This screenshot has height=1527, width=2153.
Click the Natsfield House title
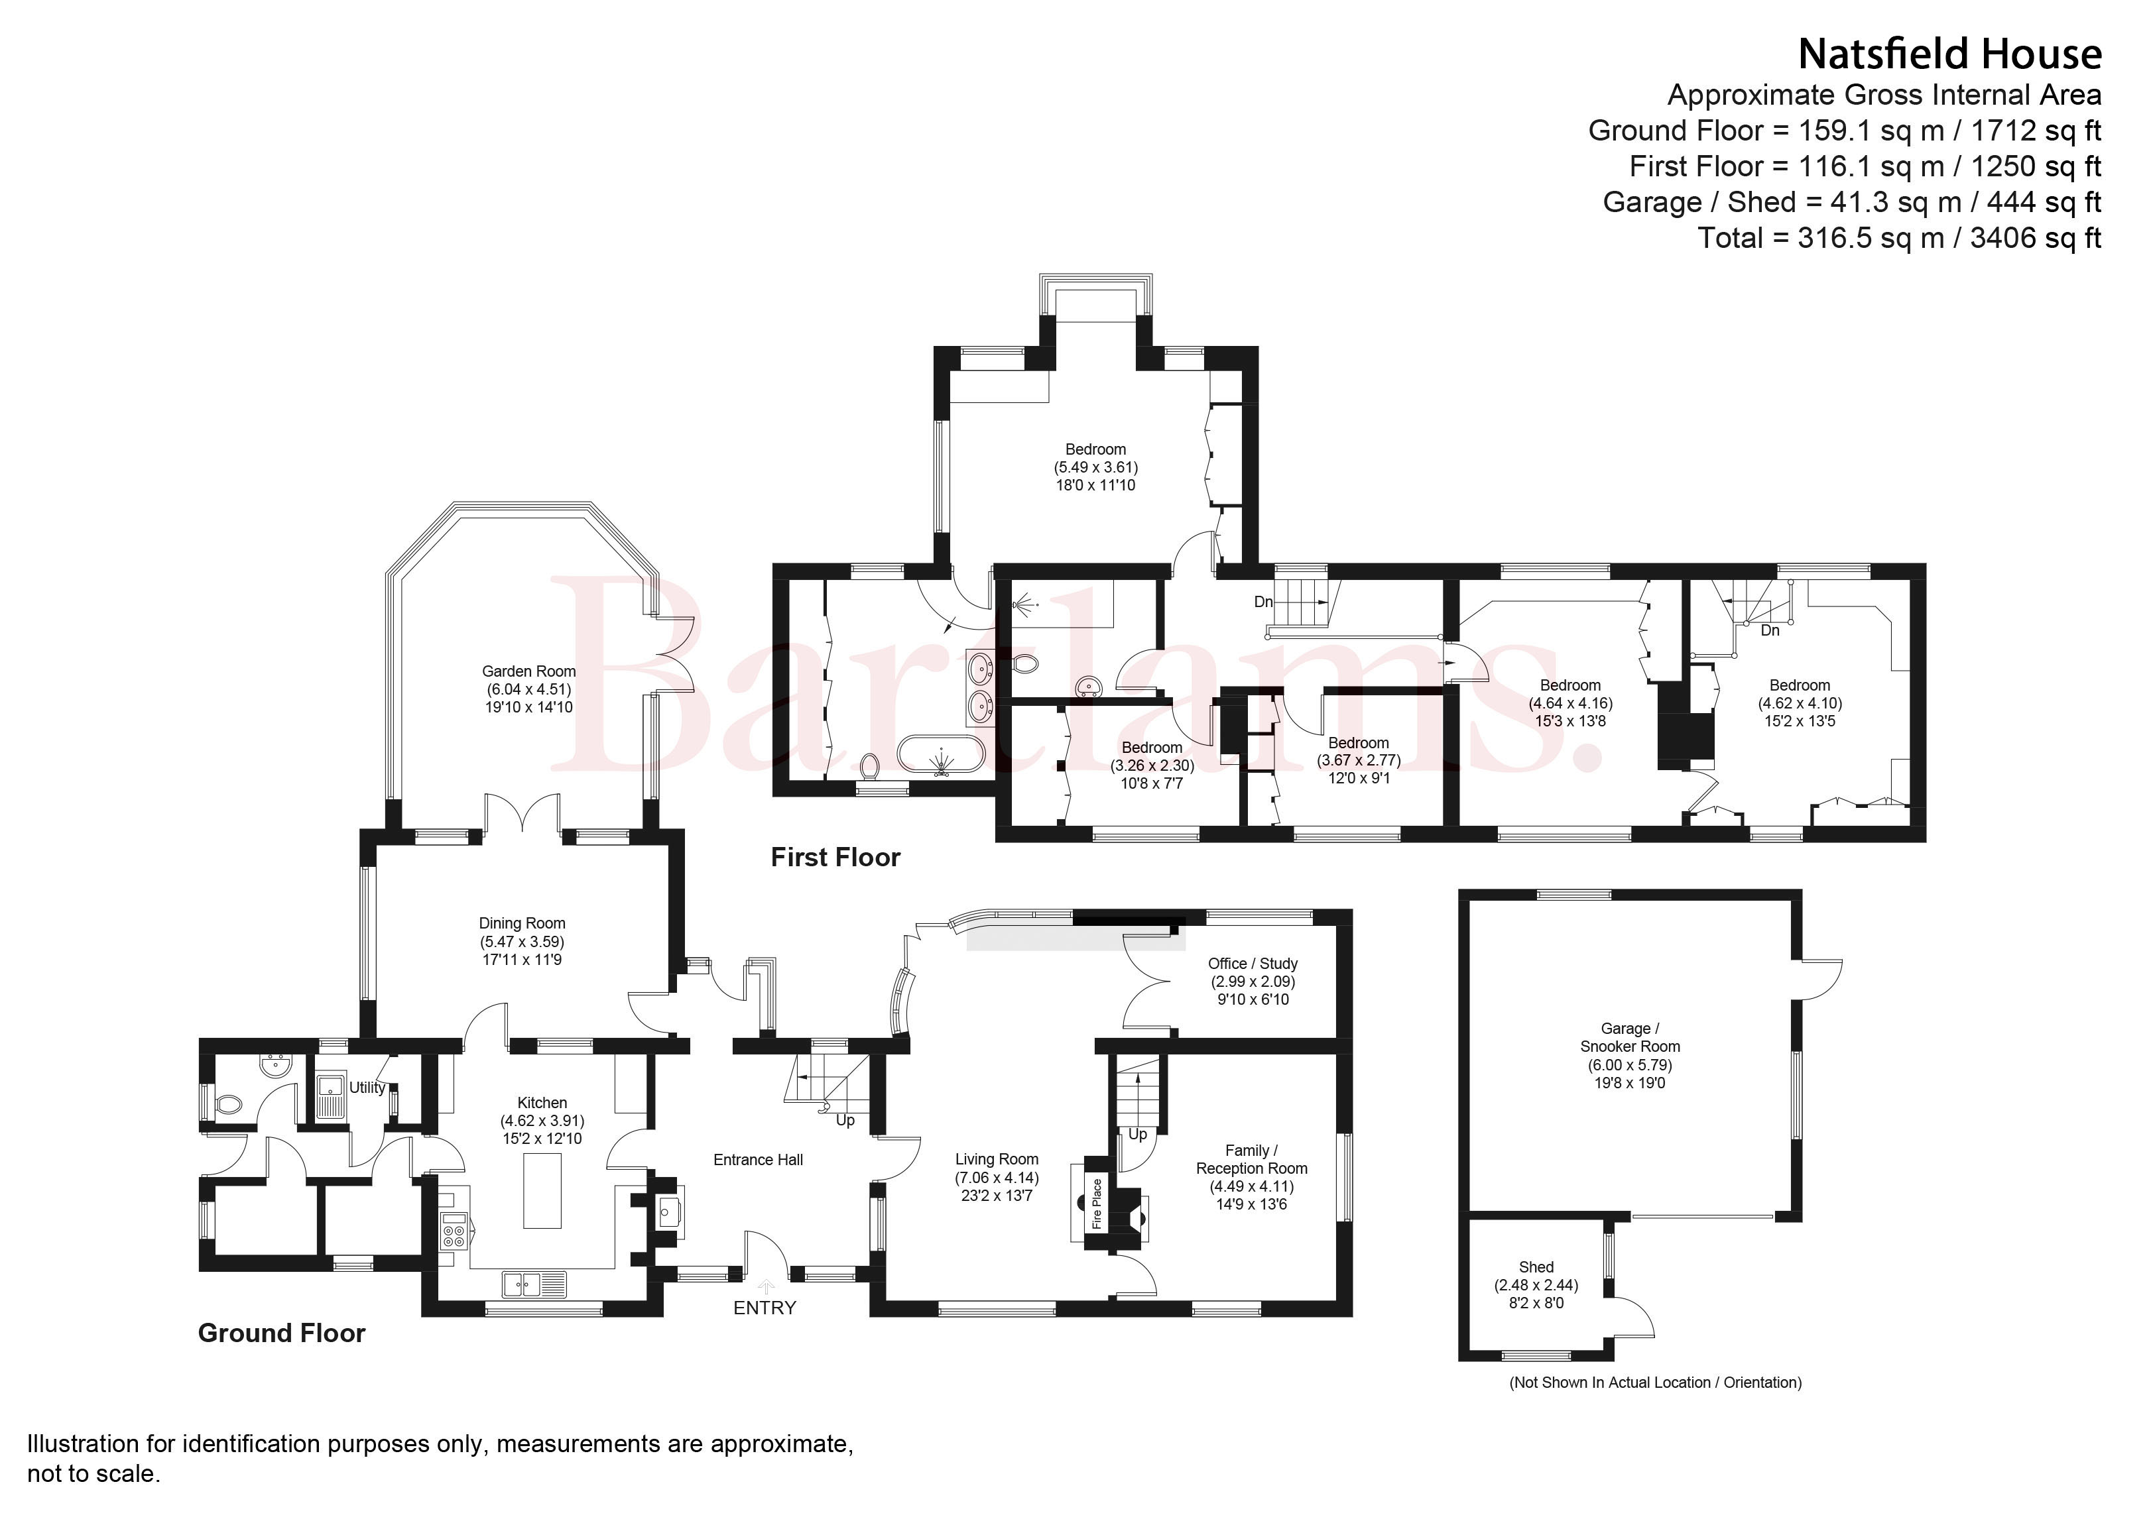coord(1950,54)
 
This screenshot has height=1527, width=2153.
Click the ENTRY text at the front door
coord(765,1308)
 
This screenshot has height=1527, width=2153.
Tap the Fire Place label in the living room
coord(1097,1204)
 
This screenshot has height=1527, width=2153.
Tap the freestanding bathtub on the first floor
coord(942,755)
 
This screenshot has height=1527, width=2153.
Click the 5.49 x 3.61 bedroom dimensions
coord(1096,467)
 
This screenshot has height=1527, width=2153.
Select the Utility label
coord(367,1088)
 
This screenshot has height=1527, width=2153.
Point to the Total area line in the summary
coord(1899,238)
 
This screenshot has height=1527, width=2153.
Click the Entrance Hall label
coord(758,1160)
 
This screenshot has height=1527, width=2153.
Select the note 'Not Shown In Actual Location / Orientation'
coord(1656,1383)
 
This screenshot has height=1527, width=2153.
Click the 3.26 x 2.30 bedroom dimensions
coord(1152,765)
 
